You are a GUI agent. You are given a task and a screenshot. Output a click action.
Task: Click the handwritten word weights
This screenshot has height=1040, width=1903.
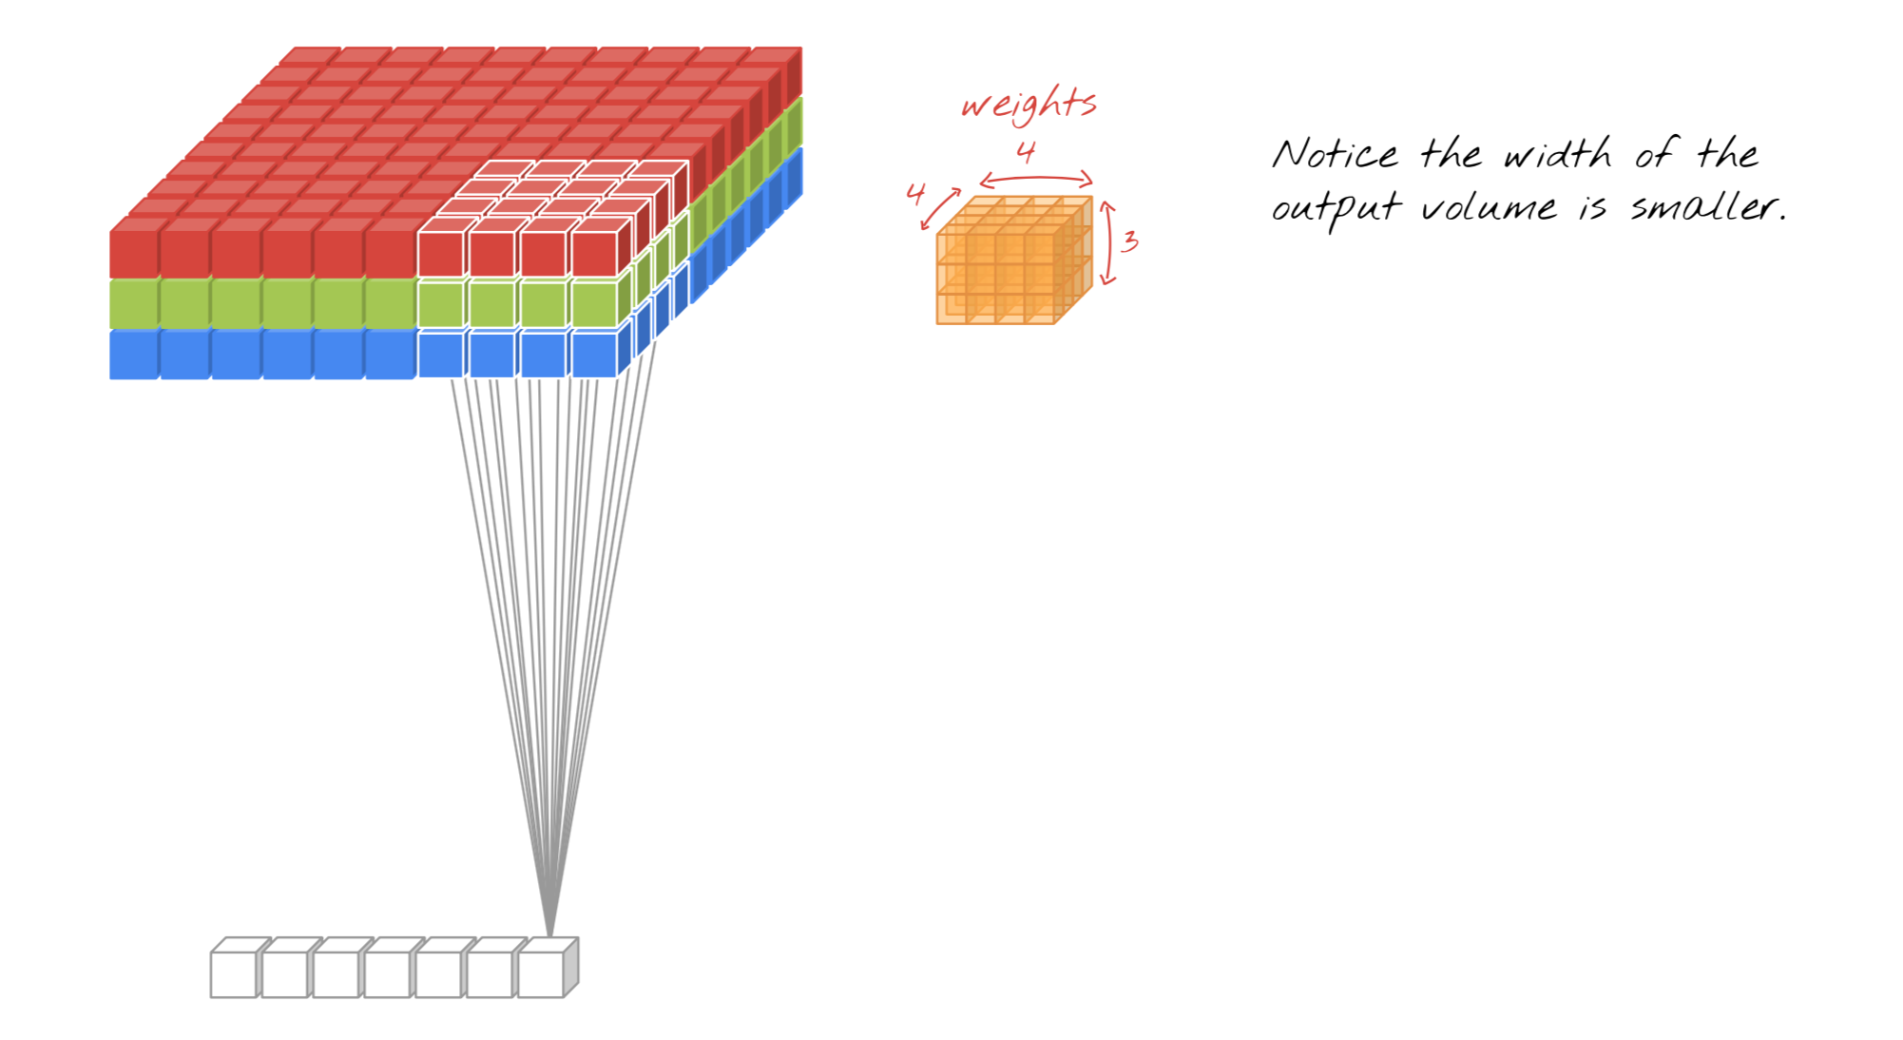pos(1029,104)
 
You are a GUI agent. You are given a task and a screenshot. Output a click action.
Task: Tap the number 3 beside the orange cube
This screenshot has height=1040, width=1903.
pos(1129,241)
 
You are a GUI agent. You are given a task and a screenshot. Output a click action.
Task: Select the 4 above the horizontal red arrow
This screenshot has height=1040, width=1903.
pos(1026,152)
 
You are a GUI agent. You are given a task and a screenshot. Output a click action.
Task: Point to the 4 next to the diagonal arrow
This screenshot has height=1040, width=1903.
pos(915,193)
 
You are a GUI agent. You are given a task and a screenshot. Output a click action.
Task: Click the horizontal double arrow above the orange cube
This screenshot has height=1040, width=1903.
pos(1036,179)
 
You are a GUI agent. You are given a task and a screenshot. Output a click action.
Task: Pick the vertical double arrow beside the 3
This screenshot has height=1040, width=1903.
pos(1108,242)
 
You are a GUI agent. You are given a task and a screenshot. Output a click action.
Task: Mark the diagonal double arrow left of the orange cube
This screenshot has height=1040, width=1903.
pos(940,209)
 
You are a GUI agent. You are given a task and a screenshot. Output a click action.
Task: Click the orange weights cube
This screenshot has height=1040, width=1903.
pos(1014,260)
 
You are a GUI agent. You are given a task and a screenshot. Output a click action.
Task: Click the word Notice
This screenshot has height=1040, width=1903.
pos(1336,154)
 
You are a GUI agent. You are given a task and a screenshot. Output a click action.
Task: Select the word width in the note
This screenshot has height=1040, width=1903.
pos(1558,153)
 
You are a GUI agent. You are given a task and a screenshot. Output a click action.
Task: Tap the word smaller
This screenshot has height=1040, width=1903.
pos(1708,206)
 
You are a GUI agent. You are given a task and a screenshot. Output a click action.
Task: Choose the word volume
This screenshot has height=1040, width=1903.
pos(1489,207)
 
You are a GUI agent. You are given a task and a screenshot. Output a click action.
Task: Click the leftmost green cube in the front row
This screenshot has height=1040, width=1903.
pos(134,304)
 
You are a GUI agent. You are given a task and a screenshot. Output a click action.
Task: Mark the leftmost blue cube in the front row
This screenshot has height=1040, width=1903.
pos(134,355)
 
